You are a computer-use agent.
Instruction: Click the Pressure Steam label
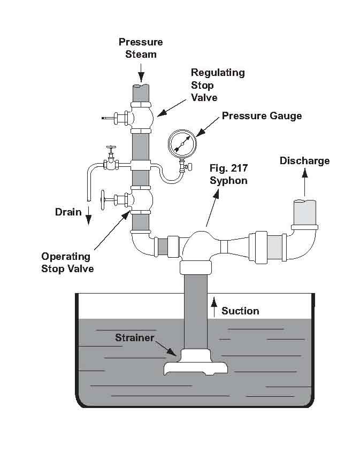140,48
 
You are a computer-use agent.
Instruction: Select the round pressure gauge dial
181,143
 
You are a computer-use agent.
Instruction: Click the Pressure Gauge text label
262,116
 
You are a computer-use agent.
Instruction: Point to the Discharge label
304,161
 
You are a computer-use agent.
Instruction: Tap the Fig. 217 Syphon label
228,174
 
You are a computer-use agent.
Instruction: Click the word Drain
68,212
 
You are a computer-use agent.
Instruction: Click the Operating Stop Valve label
67,262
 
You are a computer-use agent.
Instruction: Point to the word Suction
240,311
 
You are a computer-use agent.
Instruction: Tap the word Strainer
134,338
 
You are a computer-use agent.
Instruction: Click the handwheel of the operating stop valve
103,201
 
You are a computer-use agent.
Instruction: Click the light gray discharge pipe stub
305,213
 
